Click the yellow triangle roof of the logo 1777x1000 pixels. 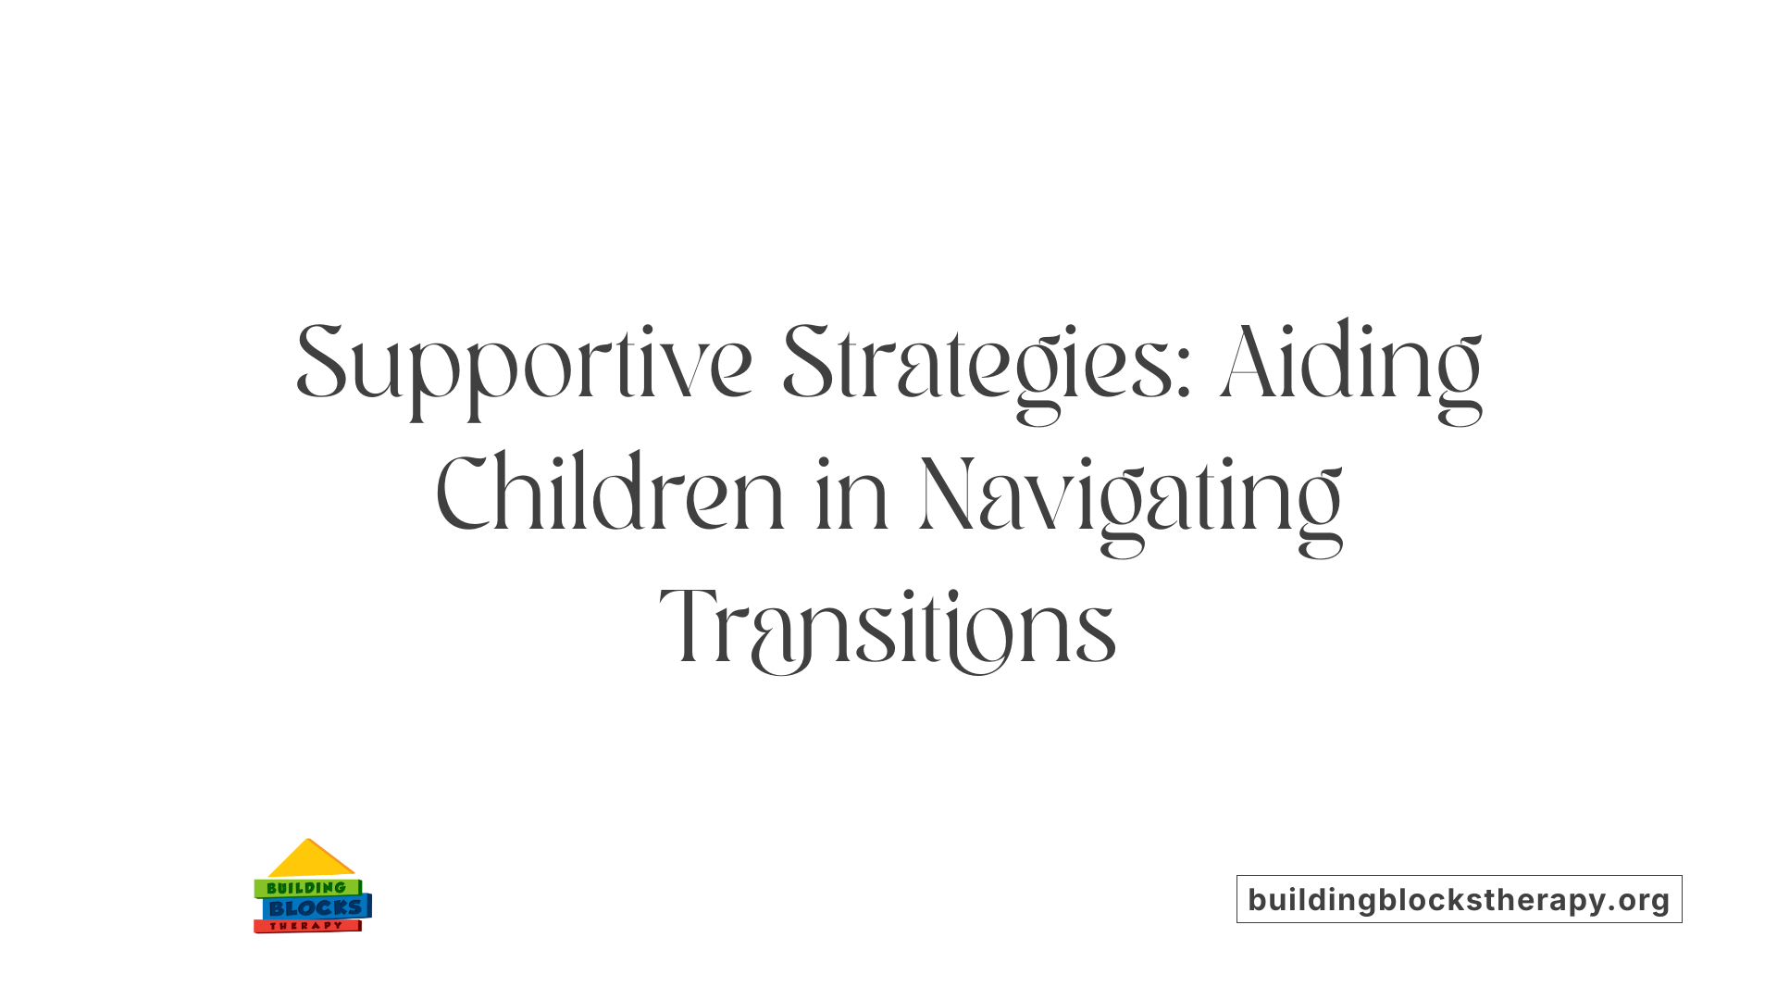tap(310, 860)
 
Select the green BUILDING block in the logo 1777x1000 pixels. tap(306, 888)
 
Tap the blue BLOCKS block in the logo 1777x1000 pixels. tap(315, 908)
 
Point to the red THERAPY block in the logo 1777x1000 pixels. tap(306, 926)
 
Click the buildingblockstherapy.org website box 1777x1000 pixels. tap(1459, 899)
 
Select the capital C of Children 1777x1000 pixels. tap(462, 494)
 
